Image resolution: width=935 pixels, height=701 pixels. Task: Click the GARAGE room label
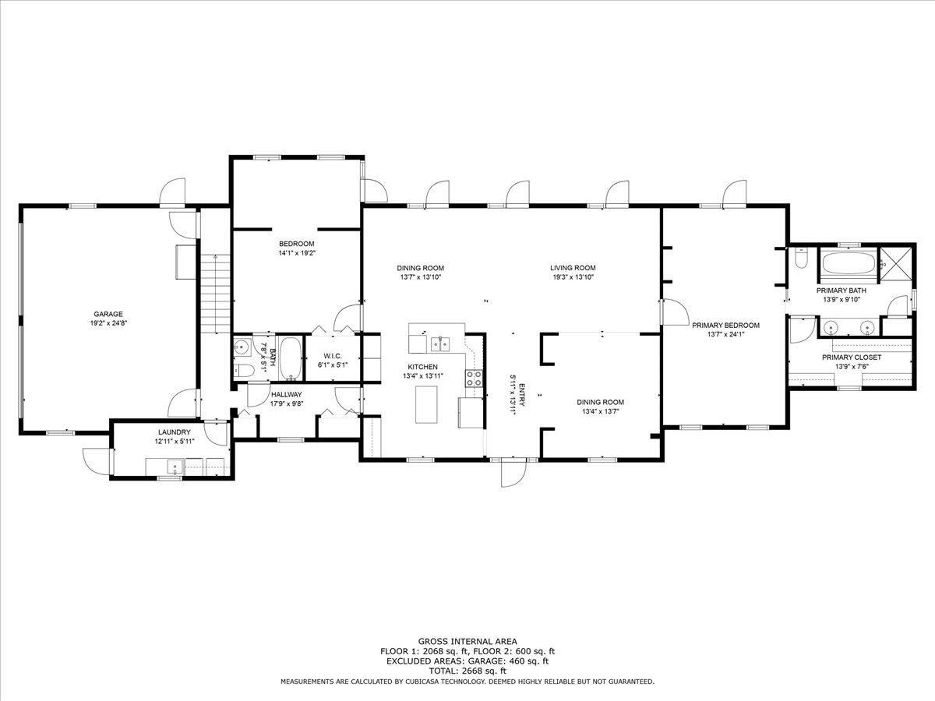[x=108, y=314]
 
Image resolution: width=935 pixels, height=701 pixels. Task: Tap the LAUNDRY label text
[x=175, y=432]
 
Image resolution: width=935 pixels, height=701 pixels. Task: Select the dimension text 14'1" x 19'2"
[x=297, y=253]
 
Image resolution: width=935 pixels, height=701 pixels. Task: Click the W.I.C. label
[x=333, y=356]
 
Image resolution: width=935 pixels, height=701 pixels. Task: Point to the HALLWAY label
[x=286, y=395]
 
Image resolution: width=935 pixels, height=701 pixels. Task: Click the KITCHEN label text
[x=422, y=367]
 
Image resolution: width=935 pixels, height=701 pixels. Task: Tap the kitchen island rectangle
[x=426, y=405]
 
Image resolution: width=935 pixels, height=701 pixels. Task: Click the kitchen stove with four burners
[x=474, y=378]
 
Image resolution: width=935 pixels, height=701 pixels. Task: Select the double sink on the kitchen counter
[x=440, y=343]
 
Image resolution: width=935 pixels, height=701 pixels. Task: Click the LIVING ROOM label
[x=573, y=268]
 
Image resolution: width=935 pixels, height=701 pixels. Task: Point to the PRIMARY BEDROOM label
[x=725, y=325]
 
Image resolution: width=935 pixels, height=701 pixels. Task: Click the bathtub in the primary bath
[x=848, y=264]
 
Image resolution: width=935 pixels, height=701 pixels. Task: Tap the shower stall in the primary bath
[x=897, y=264]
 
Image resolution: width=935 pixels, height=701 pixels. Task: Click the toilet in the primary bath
[x=801, y=258]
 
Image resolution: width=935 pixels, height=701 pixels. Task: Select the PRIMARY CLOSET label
[x=852, y=358]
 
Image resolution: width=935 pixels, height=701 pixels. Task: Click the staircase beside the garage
[x=216, y=294]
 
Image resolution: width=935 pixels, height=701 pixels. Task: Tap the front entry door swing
[x=513, y=474]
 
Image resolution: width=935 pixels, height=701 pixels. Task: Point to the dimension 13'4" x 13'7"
[x=600, y=411]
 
